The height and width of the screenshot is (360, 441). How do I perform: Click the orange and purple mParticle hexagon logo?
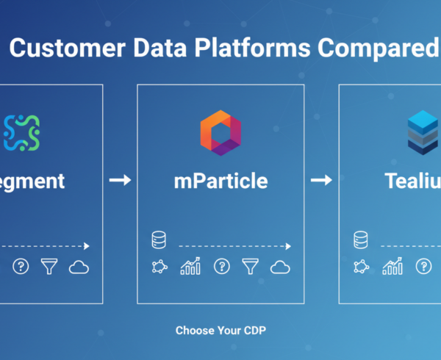click(x=220, y=132)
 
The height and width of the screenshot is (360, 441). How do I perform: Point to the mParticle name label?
click(x=220, y=181)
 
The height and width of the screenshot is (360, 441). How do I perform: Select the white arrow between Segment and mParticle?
click(x=119, y=180)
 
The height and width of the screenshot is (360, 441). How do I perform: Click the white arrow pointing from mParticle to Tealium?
click(x=321, y=180)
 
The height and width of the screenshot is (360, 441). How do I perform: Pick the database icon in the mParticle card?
click(x=158, y=240)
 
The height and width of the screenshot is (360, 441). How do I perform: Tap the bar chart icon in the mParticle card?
click(x=190, y=267)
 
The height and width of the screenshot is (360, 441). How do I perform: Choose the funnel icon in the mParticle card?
click(x=251, y=267)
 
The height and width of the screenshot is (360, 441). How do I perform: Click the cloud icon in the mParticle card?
click(x=281, y=267)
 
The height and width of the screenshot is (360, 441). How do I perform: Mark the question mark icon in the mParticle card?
click(x=220, y=267)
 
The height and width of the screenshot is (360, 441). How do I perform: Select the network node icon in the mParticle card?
click(x=159, y=267)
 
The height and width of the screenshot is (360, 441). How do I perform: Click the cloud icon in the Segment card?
click(x=79, y=267)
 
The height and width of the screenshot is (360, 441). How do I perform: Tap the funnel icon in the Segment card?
click(x=49, y=267)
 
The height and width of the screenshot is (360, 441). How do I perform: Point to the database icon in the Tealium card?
click(x=360, y=240)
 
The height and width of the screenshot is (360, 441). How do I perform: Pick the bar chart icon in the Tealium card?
click(x=392, y=267)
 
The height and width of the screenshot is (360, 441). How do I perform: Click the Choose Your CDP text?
click(x=220, y=331)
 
